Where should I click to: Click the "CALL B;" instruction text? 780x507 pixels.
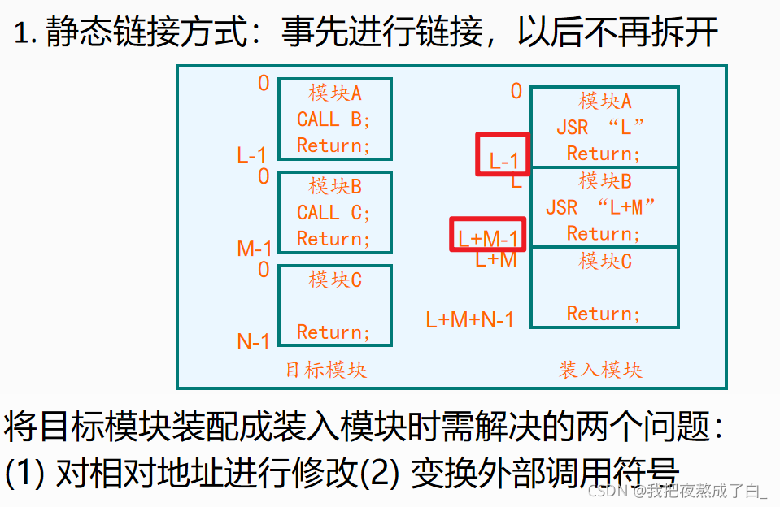(333, 119)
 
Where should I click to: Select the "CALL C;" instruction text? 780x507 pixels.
(333, 213)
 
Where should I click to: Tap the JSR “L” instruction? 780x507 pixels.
(600, 128)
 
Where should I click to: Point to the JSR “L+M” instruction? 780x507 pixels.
(600, 207)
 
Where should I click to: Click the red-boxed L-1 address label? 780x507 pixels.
(503, 161)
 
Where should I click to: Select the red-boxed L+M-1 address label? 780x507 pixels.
(488, 239)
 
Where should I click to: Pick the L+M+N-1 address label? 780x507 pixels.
(470, 319)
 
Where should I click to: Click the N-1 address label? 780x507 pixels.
(253, 342)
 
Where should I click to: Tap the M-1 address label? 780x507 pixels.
(255, 248)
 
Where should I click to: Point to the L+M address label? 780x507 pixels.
(496, 259)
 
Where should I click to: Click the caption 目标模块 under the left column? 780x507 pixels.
(326, 370)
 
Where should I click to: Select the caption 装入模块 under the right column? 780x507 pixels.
(600, 370)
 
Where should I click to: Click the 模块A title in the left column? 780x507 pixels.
(335, 93)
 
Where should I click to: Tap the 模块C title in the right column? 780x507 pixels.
(605, 261)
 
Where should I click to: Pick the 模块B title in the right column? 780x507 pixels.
(605, 180)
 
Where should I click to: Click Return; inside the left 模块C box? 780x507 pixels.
(333, 332)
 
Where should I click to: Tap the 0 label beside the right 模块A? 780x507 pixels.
(516, 91)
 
